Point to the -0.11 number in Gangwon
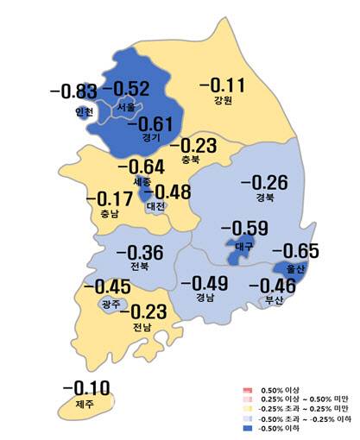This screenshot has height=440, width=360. (x=223, y=85)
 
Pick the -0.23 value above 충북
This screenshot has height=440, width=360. (x=199, y=146)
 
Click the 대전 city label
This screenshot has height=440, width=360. (x=156, y=207)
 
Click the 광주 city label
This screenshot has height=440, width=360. (x=111, y=305)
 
